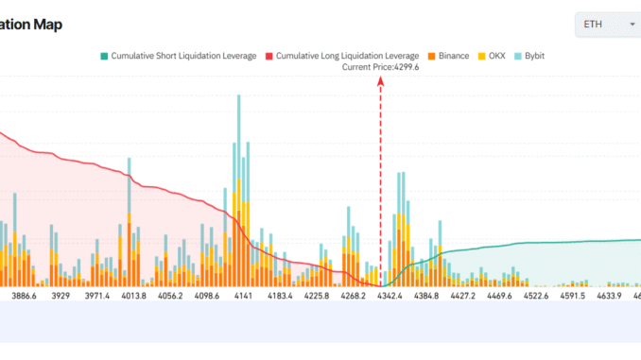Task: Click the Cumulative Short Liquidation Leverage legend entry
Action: [178, 56]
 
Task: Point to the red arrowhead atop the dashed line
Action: [381, 81]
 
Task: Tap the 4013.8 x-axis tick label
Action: [127, 296]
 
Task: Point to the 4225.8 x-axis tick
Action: [312, 296]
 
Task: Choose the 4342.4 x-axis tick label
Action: [390, 296]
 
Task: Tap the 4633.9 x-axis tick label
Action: [605, 296]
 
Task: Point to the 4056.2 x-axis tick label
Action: [166, 296]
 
